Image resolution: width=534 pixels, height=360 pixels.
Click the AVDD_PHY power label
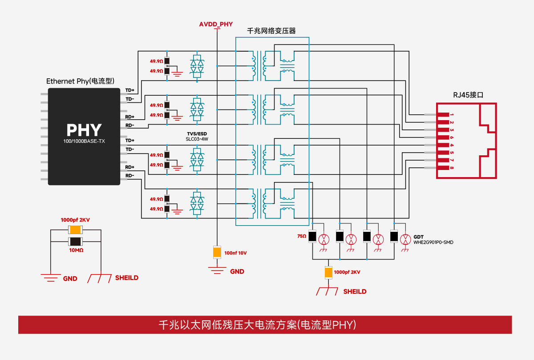coord(216,24)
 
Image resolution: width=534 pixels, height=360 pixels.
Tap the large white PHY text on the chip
coord(84,130)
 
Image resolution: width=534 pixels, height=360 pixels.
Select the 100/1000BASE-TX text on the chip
coord(84,141)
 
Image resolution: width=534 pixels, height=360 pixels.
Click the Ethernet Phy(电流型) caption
coord(81,81)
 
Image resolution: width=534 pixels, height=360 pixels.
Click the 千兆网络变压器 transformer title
coord(271,31)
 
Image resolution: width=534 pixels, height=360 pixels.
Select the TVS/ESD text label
coord(197,133)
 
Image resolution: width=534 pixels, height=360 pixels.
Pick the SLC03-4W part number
coord(197,139)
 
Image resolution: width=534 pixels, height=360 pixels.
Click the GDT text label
coord(418,237)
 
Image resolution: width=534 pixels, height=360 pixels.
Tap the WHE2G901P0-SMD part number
coord(433,243)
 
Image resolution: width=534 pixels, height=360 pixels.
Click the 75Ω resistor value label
coord(302,236)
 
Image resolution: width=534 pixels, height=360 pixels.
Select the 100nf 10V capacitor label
coord(235,253)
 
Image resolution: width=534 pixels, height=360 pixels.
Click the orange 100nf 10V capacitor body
coord(217,252)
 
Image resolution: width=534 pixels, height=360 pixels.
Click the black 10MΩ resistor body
coord(75,242)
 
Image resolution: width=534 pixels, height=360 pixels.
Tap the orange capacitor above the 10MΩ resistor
coord(75,230)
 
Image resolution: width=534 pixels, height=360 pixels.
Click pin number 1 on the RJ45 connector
coord(452,115)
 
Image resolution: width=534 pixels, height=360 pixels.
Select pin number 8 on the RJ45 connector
coord(452,168)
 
